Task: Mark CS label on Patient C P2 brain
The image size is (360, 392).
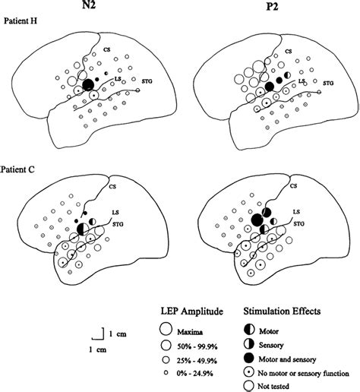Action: click(x=288, y=182)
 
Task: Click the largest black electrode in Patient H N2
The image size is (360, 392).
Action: click(x=88, y=84)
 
